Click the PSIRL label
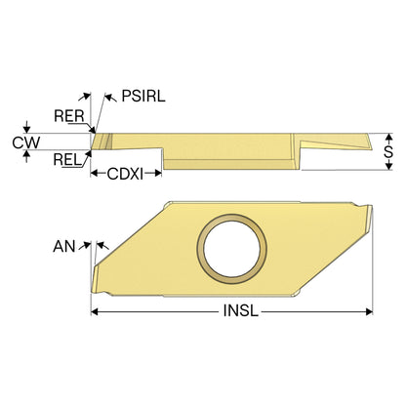(143, 96)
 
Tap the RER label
(69, 116)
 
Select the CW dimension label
(26, 142)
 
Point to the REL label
(67, 160)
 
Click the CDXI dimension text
(125, 174)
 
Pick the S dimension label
(388, 151)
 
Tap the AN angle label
(64, 246)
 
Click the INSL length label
(241, 311)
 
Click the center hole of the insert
(231, 249)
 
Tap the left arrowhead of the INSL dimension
(95, 311)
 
